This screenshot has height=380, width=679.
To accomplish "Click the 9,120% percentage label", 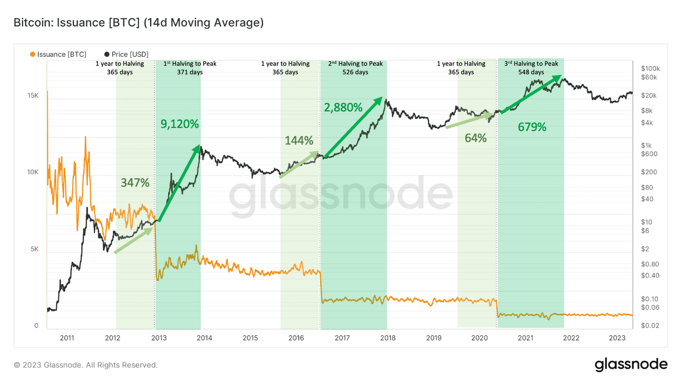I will coord(180,124).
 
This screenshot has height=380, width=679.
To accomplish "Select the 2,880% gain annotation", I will coord(343,108).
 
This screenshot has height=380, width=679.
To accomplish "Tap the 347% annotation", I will coord(135,183).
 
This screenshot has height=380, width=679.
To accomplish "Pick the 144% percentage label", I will coord(299,141).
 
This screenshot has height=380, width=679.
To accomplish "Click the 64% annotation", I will coord(475,138).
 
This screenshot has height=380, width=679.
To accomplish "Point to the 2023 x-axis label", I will coord(617,338).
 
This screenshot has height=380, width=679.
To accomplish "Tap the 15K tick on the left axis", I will coord(33,96).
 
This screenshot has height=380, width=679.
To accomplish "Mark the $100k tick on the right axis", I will coord(650,68).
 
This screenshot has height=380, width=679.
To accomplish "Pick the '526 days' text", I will coord(355,72).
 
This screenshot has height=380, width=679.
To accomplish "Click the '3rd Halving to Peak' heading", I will coord(531,64).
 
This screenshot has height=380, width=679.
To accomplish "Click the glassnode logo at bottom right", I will coord(631,365).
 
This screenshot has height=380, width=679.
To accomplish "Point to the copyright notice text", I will coord(85,365).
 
